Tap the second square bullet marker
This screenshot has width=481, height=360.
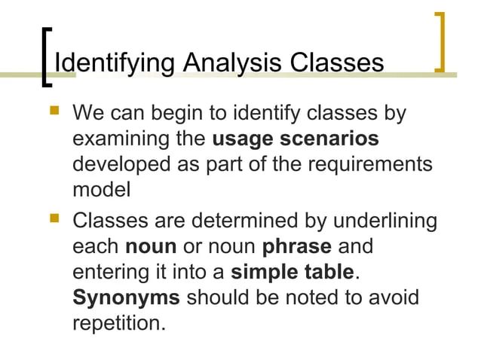pos(52,221)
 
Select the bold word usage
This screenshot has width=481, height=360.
pos(243,140)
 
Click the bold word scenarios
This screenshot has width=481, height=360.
pos(329,140)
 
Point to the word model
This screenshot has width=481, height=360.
pos(101,190)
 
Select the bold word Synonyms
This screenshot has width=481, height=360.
pos(126,297)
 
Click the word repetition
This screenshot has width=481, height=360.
pos(117,322)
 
